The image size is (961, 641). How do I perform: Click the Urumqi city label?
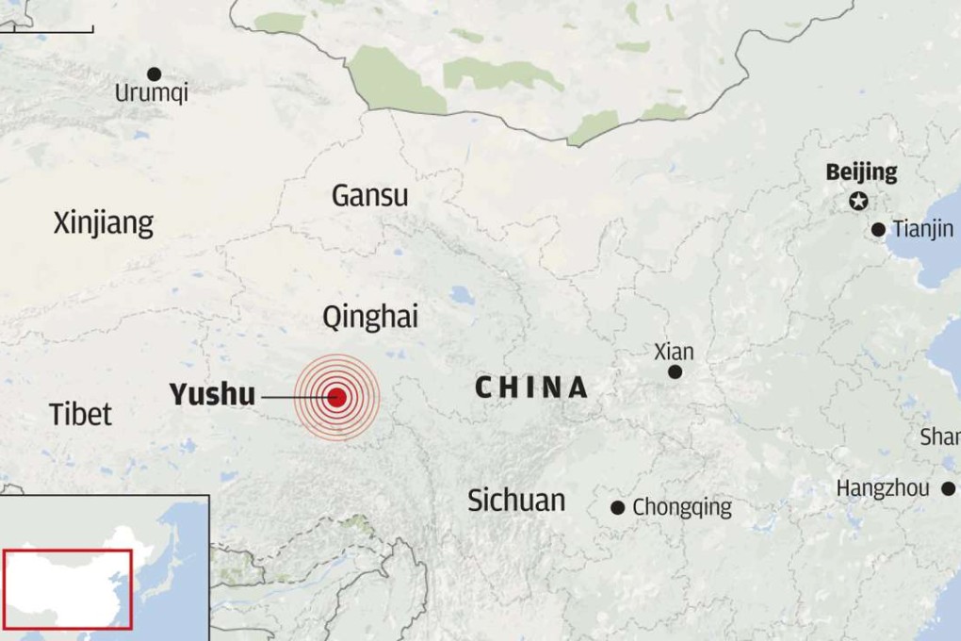(x=151, y=93)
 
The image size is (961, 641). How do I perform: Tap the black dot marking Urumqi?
(x=154, y=74)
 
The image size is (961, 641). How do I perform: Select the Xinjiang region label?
(x=104, y=223)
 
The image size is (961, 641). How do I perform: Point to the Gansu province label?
(x=370, y=195)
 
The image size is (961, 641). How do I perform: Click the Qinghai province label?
(x=370, y=318)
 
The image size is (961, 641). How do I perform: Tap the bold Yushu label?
(x=212, y=394)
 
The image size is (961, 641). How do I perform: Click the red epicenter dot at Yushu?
(x=337, y=398)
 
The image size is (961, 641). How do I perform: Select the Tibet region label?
(x=81, y=414)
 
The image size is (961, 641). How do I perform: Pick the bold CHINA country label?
(x=531, y=386)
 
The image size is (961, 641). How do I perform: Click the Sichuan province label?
(x=516, y=500)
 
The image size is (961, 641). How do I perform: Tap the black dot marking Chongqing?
(x=617, y=507)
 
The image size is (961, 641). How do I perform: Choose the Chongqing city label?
(x=681, y=507)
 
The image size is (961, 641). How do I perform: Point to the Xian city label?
(x=674, y=352)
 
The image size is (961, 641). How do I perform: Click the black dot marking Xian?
(x=675, y=372)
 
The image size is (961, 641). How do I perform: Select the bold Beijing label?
(x=861, y=173)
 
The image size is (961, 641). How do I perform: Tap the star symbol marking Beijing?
(x=858, y=200)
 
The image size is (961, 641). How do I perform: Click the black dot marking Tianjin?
(x=878, y=229)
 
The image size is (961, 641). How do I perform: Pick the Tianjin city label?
(x=922, y=228)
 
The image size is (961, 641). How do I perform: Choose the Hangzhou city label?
(x=883, y=488)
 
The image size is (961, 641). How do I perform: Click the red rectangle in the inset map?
(x=68, y=589)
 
